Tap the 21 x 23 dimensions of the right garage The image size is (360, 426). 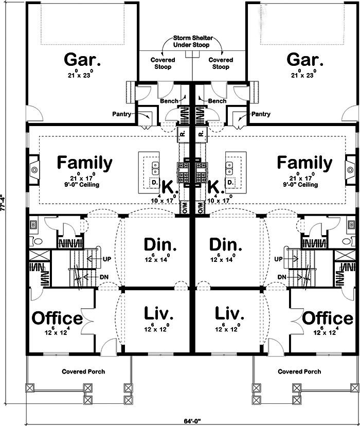[307, 75]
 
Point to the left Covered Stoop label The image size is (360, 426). [163, 63]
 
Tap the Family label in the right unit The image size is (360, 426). [304, 162]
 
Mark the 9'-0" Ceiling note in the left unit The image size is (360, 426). [84, 184]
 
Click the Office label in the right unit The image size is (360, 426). [327, 318]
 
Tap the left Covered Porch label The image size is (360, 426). [80, 371]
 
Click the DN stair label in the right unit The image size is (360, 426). [281, 277]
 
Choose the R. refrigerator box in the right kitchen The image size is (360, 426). [201, 135]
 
